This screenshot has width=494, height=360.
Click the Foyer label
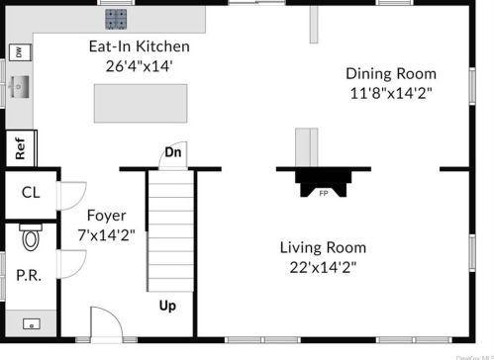105,216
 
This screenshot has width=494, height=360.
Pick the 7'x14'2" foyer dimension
105,234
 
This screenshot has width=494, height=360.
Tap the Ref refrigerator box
20,148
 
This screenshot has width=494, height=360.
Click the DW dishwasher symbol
18,52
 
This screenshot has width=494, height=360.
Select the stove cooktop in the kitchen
117,19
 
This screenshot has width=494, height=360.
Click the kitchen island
140,102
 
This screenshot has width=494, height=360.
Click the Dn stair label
172,152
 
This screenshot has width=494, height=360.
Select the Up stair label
167,306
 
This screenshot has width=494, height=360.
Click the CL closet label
30,193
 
